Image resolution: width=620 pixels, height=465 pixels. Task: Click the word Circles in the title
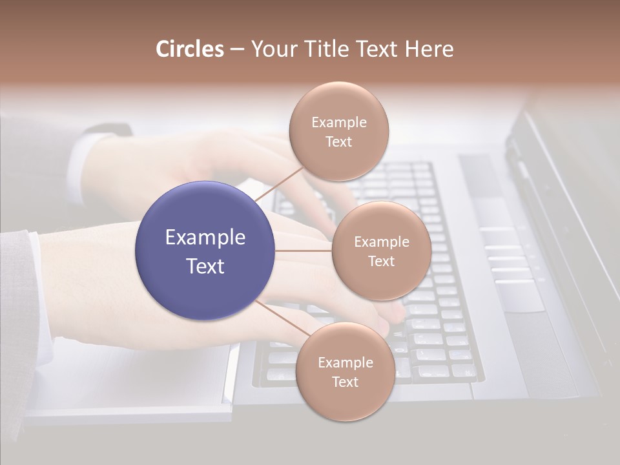pos(190,49)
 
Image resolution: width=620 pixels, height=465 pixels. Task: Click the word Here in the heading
pos(429,49)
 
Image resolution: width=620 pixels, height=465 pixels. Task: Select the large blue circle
pos(205,251)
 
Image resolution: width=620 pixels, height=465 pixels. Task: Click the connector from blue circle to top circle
pos(279,183)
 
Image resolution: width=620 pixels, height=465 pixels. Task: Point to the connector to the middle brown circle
pos(304,251)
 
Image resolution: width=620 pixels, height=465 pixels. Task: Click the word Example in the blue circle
pos(205,238)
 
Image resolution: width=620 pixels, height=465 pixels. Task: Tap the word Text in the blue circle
pos(205,266)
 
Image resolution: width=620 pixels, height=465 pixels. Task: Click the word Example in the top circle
pos(338,123)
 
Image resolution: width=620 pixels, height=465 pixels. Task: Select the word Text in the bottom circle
pos(345,382)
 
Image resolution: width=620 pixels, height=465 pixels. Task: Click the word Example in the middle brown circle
pos(381,242)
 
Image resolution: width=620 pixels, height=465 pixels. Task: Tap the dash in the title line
pos(237,50)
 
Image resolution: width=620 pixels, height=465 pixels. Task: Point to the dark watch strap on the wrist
pos(103,130)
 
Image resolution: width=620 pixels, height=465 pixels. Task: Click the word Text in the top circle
pos(338,142)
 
